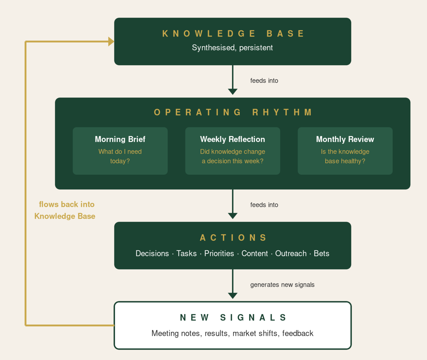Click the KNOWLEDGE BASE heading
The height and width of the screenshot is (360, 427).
[x=233, y=34]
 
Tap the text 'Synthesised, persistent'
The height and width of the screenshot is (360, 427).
[x=232, y=48]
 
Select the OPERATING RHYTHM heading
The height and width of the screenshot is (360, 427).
[x=233, y=112]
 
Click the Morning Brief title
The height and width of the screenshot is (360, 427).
[x=120, y=139]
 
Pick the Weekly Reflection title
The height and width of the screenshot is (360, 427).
[x=233, y=139]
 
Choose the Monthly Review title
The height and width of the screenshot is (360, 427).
[x=345, y=139]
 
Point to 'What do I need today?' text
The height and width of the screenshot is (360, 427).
[x=120, y=156]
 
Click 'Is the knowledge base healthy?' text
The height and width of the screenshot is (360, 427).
[x=345, y=156]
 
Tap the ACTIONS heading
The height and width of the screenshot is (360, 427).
[x=233, y=238]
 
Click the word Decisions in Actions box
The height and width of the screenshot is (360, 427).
[x=152, y=253]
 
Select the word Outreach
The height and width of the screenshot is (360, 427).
[x=291, y=253]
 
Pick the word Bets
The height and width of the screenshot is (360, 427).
[x=321, y=253]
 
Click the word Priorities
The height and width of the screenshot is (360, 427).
[x=219, y=253]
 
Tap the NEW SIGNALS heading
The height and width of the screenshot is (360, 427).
[x=233, y=318]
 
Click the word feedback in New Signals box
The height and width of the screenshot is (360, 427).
[x=298, y=333]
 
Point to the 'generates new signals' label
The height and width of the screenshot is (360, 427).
[x=282, y=285]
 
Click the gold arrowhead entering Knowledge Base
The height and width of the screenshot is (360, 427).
[x=111, y=42]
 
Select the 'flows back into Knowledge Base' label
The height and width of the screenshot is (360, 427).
[x=65, y=210]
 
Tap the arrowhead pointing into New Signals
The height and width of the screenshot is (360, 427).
[x=233, y=296]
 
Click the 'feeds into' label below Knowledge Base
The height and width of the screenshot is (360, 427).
[x=264, y=81]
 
